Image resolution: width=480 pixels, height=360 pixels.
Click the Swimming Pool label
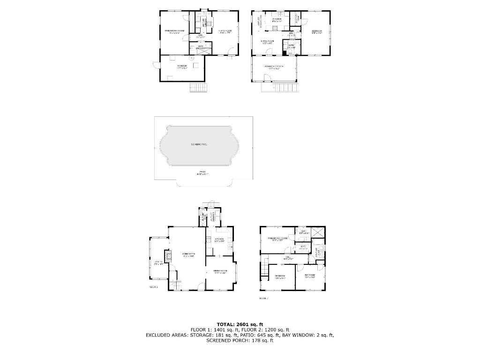coord(199,145)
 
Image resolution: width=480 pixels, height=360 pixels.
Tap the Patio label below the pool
coord(202,173)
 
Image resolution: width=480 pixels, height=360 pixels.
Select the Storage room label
coord(182,67)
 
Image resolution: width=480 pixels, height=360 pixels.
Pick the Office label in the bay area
coord(158,263)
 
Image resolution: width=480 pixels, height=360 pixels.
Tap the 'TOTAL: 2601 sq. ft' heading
coord(240,324)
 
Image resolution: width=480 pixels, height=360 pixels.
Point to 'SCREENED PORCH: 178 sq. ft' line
coord(240,340)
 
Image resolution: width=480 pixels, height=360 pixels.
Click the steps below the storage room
coord(198,88)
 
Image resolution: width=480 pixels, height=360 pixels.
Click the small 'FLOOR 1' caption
coord(153,286)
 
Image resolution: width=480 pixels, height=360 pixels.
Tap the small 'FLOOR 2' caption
coord(263,298)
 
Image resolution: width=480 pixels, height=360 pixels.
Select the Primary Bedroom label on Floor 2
coord(277,239)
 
